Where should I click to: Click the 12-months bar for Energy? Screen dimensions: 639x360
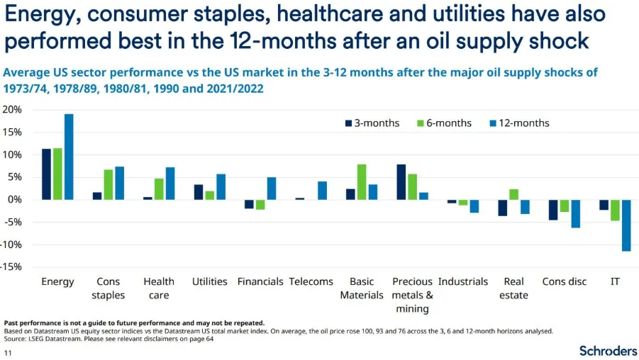click(x=69, y=157)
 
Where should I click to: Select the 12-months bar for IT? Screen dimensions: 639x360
click(x=626, y=225)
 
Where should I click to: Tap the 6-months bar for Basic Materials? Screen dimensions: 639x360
click(x=362, y=182)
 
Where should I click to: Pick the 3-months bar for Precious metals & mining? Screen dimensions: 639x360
click(x=401, y=182)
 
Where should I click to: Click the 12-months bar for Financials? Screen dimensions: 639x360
click(x=272, y=189)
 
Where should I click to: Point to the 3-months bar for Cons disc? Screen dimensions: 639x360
click(x=553, y=210)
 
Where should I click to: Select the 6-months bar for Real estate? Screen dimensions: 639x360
click(x=514, y=195)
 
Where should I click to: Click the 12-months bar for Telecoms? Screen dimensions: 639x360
click(x=323, y=191)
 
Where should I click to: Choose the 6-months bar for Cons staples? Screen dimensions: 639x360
click(x=109, y=184)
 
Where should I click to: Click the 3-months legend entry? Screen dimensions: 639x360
click(x=372, y=123)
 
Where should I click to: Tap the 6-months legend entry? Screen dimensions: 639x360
click(x=444, y=123)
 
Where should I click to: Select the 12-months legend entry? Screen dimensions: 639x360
click(x=520, y=123)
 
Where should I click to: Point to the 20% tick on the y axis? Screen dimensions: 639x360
click(x=12, y=110)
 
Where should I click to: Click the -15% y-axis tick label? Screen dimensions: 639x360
click(x=11, y=266)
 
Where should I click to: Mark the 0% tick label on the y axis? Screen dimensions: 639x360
click(x=14, y=200)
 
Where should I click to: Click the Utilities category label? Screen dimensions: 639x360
click(x=209, y=281)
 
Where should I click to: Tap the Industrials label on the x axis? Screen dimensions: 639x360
click(x=463, y=281)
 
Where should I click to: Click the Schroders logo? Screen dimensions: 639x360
click(x=608, y=351)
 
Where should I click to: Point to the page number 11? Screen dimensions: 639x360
click(x=8, y=353)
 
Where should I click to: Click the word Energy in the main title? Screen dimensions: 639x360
click(x=40, y=15)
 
